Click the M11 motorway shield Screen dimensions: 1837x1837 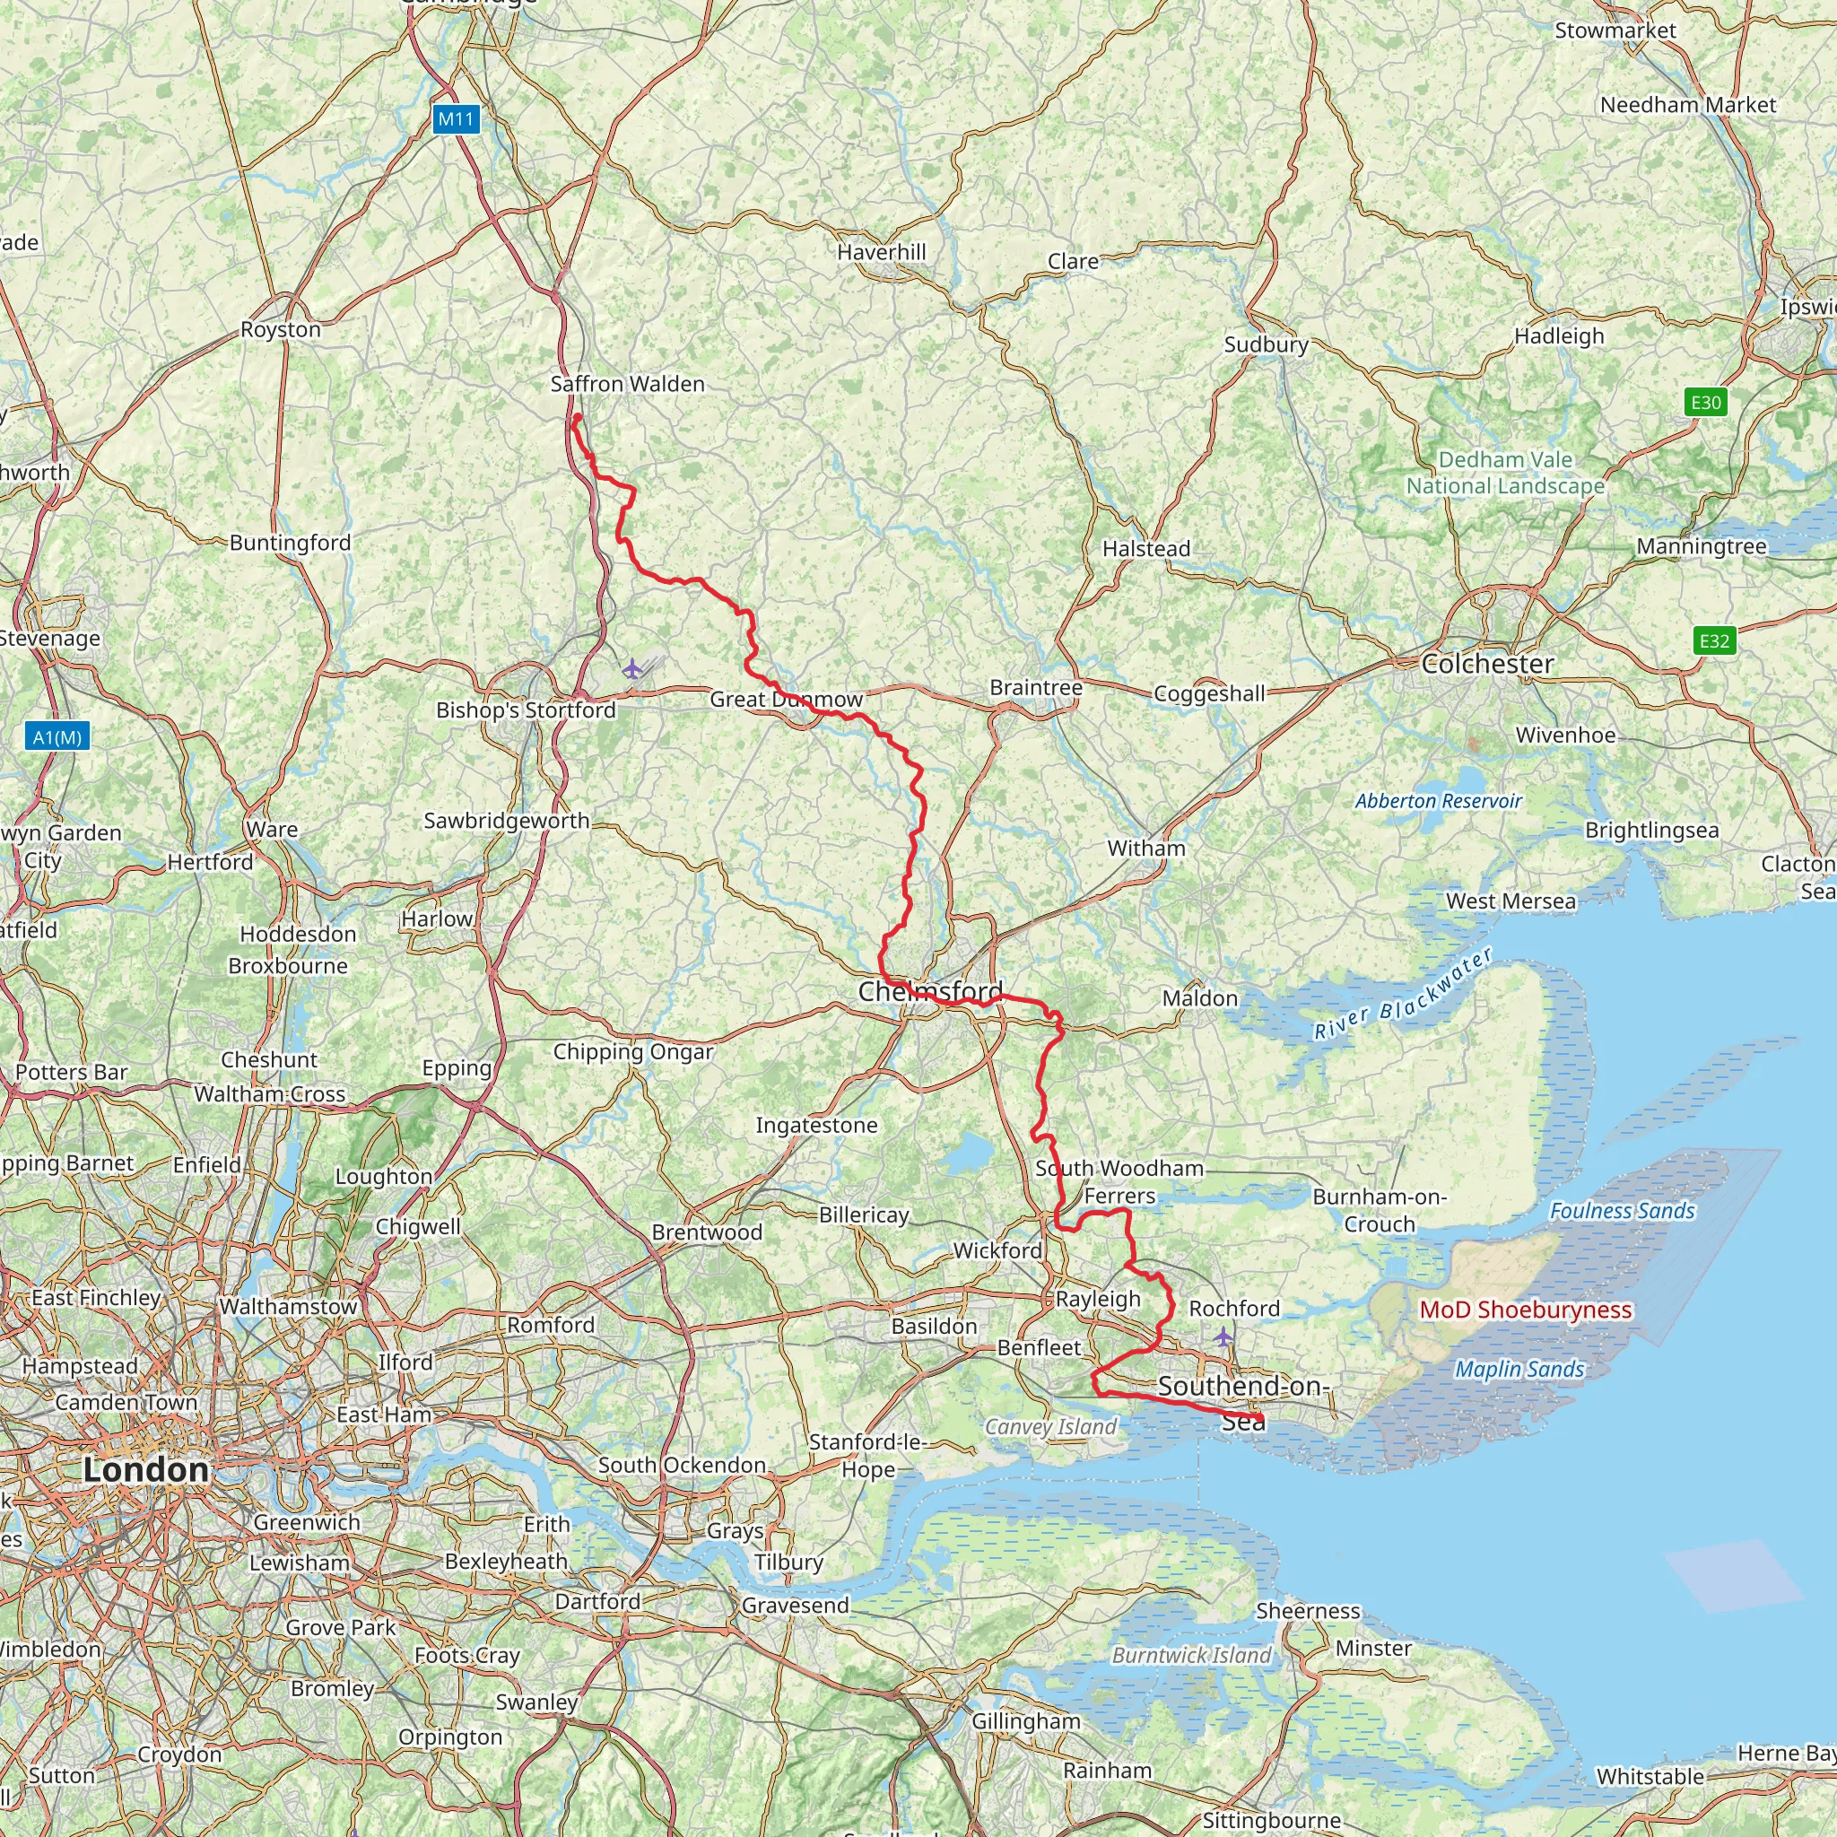(456, 119)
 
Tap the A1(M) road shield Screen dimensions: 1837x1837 (57, 737)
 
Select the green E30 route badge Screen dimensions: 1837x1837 (1706, 402)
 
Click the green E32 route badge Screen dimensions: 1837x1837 (1714, 640)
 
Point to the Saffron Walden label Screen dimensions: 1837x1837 (628, 384)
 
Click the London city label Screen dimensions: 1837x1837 (145, 1469)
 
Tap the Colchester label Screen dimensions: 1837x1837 (1488, 664)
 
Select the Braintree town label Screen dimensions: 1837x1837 (1035, 687)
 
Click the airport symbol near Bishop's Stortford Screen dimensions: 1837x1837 (632, 669)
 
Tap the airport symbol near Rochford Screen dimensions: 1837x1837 (1223, 1336)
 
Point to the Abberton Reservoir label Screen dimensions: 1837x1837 (1439, 801)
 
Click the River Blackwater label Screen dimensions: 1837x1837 (1403, 995)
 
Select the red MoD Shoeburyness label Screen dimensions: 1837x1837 (1525, 1310)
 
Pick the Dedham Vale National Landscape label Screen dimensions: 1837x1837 (1505, 473)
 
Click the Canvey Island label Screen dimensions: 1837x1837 (1050, 1427)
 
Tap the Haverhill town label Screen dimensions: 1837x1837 (882, 252)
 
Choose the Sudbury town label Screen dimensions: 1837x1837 (1266, 344)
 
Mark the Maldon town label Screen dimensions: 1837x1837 (1200, 998)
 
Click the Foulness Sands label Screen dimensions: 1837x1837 (1622, 1210)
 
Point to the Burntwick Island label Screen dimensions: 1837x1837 (1191, 1656)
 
